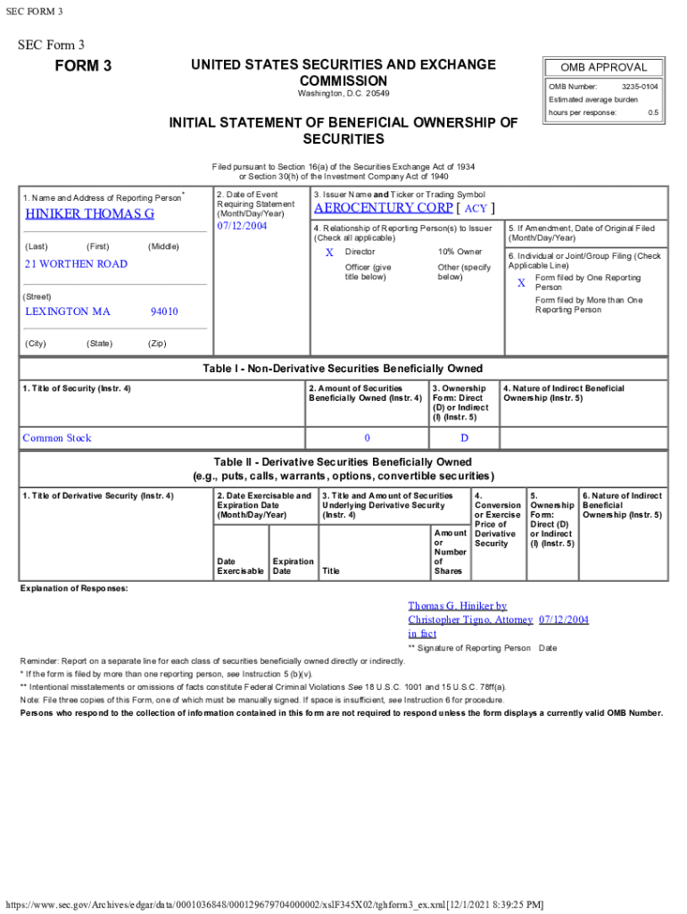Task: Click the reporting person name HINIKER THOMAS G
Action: click(89, 214)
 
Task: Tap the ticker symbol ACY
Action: click(476, 209)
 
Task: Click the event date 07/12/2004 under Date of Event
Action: click(242, 226)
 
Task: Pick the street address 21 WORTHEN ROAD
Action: click(76, 264)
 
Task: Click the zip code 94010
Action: click(164, 312)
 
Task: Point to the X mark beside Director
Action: click(329, 253)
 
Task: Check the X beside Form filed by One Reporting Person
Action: click(521, 283)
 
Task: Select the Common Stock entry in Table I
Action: click(57, 438)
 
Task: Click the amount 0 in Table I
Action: click(367, 438)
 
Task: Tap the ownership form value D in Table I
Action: click(464, 438)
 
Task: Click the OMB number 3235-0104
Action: click(640, 87)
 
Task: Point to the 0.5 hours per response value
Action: click(653, 113)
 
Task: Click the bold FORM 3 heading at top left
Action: click(83, 66)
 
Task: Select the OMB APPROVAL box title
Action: click(603, 68)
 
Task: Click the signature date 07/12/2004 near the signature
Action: click(563, 619)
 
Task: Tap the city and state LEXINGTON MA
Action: click(68, 312)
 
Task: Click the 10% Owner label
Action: click(459, 253)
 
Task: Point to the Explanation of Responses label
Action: click(74, 589)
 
